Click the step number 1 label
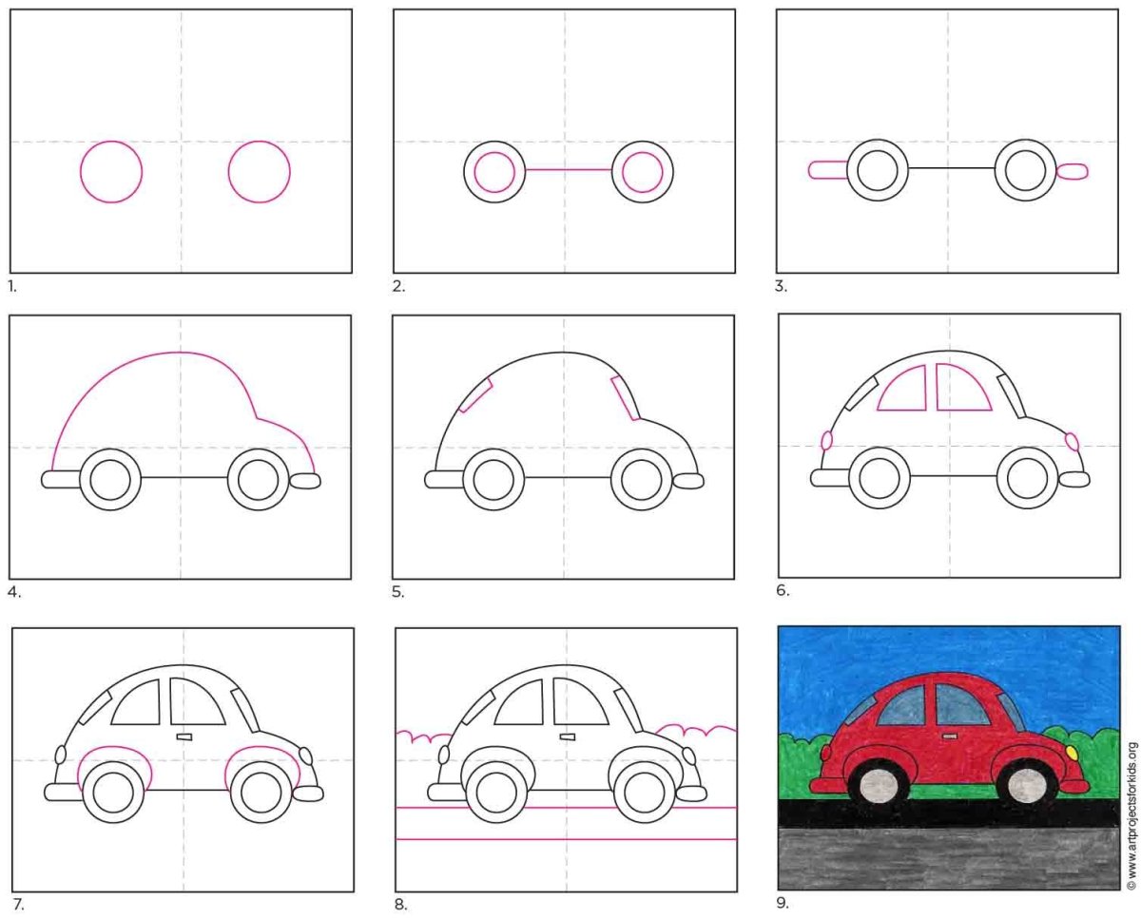click(12, 287)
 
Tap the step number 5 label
click(397, 593)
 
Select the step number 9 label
click(783, 902)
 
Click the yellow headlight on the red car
click(1072, 753)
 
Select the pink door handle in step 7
click(184, 736)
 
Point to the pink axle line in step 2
click(568, 170)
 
